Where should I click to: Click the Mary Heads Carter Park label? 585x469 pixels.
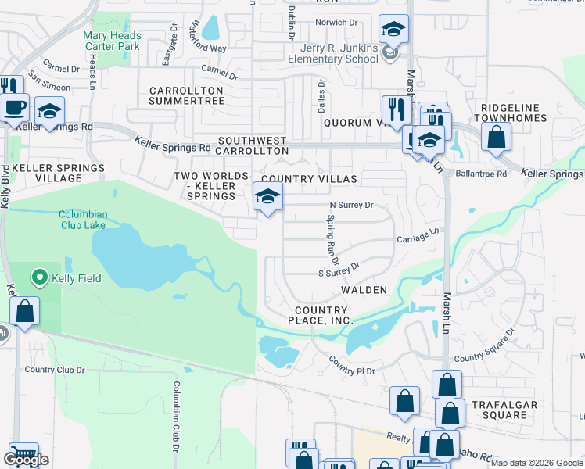coord(113,41)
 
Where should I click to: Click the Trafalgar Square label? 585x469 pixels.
coord(499,410)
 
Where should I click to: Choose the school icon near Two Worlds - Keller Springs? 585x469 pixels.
coord(267,196)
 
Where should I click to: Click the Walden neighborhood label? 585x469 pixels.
coord(364,290)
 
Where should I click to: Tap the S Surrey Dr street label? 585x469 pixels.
coord(339,270)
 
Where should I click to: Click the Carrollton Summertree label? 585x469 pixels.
coord(186,96)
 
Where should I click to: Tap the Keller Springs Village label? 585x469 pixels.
coord(58,173)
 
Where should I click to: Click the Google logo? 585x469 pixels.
coord(26,460)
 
